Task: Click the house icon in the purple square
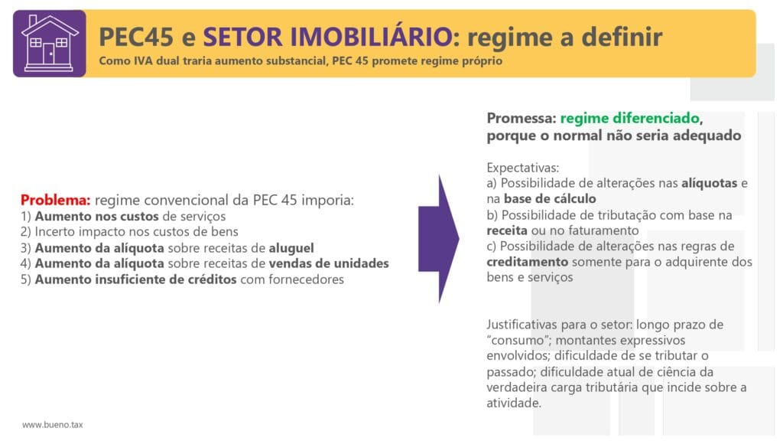(50, 44)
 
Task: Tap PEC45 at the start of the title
(136, 37)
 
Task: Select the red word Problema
(55, 200)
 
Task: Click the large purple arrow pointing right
(438, 239)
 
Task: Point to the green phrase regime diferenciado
(630, 119)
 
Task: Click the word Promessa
(521, 119)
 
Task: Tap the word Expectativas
(523, 168)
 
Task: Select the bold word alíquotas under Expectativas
(709, 183)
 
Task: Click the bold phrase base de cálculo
(550, 198)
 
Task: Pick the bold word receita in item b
(507, 230)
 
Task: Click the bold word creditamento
(528, 262)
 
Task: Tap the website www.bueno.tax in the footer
(53, 424)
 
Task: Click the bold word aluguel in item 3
(291, 248)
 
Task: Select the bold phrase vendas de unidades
(329, 263)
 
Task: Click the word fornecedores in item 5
(306, 279)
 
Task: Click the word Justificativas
(521, 325)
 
